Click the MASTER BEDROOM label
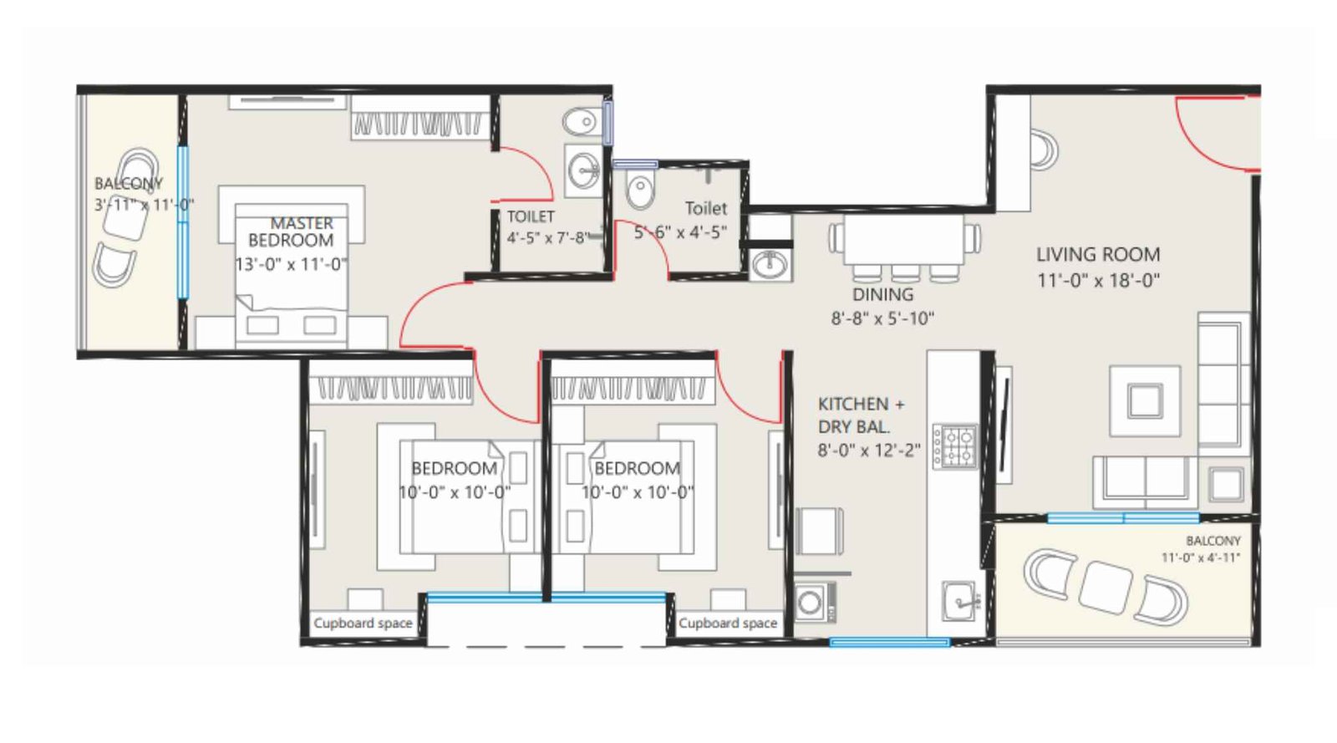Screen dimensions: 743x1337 click(x=291, y=232)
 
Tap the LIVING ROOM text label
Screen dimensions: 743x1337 click(x=1098, y=255)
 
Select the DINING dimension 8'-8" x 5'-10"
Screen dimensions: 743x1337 click(x=882, y=318)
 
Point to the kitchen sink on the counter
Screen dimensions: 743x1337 click(x=959, y=598)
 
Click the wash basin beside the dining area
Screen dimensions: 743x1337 click(x=769, y=265)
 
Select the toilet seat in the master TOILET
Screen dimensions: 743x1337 click(x=579, y=124)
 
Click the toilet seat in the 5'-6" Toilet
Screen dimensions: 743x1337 click(x=641, y=191)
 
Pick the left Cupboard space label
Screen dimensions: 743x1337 click(x=363, y=623)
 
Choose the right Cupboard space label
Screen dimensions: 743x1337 click(x=728, y=623)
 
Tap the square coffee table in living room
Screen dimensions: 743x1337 click(x=1145, y=400)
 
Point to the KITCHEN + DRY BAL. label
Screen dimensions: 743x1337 click(x=861, y=415)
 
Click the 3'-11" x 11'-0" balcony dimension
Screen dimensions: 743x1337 click(x=144, y=204)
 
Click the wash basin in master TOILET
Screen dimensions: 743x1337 click(x=583, y=171)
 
